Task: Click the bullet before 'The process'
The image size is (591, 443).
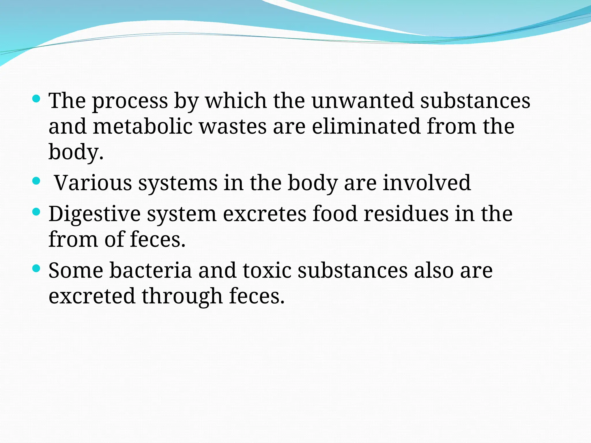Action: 36,99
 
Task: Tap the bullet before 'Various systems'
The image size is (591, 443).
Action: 36,181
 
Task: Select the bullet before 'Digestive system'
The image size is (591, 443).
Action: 36,212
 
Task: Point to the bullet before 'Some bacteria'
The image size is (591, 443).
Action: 36,269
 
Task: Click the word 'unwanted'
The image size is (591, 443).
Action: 363,101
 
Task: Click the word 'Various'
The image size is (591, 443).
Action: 93,183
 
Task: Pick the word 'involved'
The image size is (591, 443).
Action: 427,183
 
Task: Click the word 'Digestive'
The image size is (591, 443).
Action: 94,214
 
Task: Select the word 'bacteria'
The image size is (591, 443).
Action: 150,271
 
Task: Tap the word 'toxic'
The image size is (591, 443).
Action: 267,271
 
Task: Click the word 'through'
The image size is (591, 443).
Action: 182,296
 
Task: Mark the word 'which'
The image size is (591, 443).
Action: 236,101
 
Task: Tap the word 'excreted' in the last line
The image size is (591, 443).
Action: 92,296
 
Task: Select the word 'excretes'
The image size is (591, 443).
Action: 265,214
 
